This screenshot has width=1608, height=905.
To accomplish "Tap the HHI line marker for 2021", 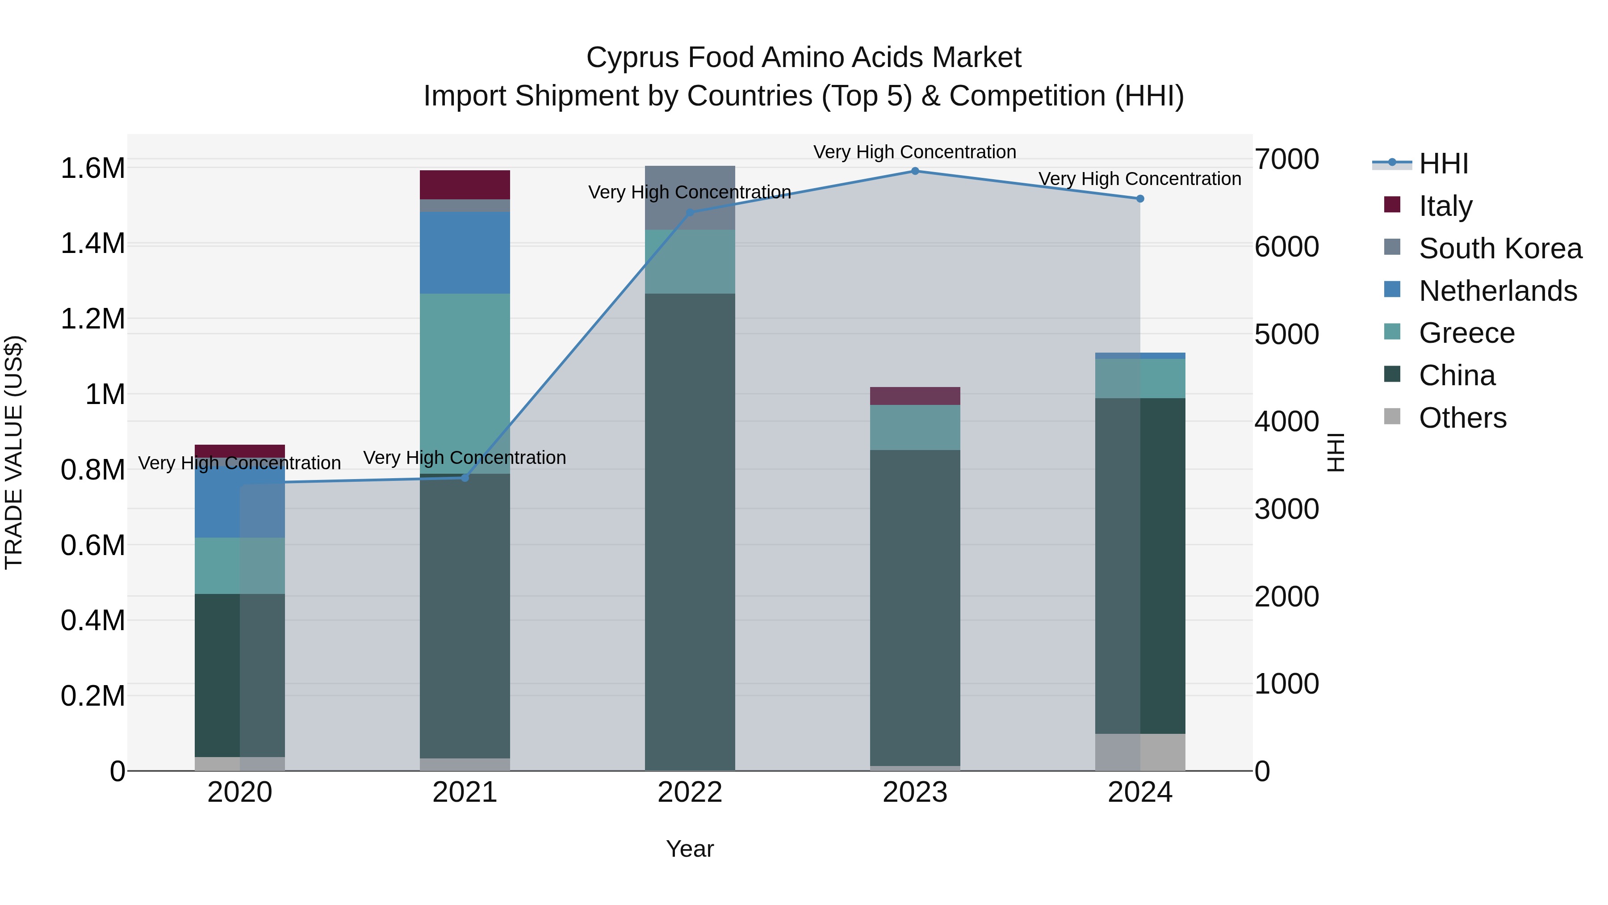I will click(x=465, y=478).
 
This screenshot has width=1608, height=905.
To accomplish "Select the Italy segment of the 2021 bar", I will click(x=465, y=185).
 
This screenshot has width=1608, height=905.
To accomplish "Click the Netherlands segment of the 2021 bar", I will click(x=465, y=253).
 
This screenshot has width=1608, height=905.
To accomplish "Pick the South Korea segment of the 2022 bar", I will click(x=690, y=198).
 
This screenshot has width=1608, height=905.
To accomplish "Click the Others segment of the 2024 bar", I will click(x=1140, y=752).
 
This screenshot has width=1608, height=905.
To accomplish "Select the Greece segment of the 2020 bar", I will click(x=240, y=565).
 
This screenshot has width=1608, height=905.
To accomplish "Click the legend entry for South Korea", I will click(x=1500, y=248).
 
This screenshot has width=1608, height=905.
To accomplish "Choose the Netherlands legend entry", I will click(x=1498, y=291).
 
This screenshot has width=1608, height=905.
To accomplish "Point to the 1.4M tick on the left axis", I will click(x=92, y=244).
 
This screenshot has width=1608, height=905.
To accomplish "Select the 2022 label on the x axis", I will click(x=690, y=792).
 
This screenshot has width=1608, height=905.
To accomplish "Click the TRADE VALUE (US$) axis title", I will click(x=14, y=452).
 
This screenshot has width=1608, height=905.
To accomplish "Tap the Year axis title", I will click(x=690, y=849).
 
